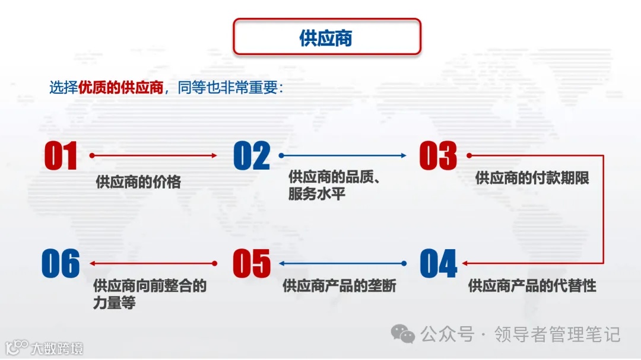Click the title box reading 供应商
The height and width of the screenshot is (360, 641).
pos(326,37)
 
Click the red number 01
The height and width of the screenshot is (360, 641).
pos(61,156)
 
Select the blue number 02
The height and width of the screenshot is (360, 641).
pos(252,156)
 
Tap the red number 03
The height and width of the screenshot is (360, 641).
pos(438,156)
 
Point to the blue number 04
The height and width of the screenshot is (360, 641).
pos(439,264)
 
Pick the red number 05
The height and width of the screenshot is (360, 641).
pos(252,264)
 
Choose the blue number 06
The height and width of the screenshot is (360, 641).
pos(61,264)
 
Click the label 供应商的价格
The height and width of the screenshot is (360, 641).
pos(138,182)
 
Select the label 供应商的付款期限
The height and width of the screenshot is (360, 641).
pos(532,178)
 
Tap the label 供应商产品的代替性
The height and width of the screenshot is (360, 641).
pos(532,286)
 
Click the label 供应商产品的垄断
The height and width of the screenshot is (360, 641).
pos(339,286)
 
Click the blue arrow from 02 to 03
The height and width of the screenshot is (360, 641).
pos(342,155)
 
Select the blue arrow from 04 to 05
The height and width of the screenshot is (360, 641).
pos(342,263)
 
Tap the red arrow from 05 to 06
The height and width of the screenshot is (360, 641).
pos(153,263)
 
